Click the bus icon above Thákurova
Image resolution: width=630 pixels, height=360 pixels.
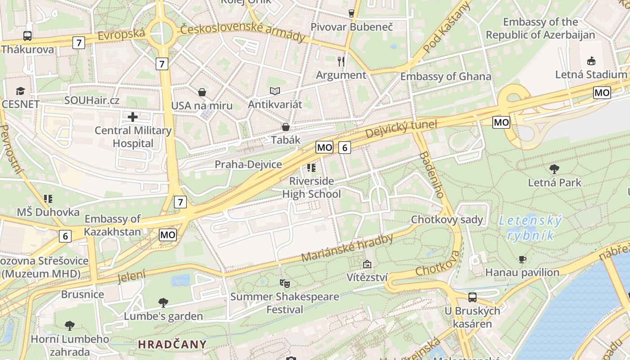click(x=27, y=36)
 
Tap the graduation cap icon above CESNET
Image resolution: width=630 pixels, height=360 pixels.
click(x=20, y=91)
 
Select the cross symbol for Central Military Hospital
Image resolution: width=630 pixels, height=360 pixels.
click(x=133, y=117)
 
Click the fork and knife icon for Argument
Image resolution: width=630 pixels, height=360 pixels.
click(x=341, y=61)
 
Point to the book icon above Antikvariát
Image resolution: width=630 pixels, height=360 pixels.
click(x=275, y=91)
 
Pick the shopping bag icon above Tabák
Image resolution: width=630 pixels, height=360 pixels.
click(x=285, y=127)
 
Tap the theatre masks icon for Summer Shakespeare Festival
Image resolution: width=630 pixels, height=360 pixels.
click(x=284, y=283)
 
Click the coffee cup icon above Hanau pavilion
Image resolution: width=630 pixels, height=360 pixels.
click(x=522, y=259)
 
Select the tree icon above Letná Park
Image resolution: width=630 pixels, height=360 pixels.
click(x=554, y=169)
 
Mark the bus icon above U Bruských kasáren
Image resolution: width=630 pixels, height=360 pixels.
click(x=472, y=297)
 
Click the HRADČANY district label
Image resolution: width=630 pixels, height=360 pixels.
click(x=172, y=345)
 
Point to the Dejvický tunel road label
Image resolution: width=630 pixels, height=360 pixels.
click(x=401, y=129)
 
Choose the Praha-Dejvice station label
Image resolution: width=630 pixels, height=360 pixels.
click(x=248, y=165)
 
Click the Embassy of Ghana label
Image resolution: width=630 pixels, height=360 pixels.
click(x=445, y=76)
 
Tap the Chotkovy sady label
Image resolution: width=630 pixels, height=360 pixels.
click(x=447, y=220)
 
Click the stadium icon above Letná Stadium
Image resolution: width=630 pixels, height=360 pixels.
click(x=591, y=61)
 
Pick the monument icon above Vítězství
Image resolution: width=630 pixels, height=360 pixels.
click(x=367, y=264)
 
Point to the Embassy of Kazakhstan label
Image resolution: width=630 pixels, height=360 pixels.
click(x=112, y=225)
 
